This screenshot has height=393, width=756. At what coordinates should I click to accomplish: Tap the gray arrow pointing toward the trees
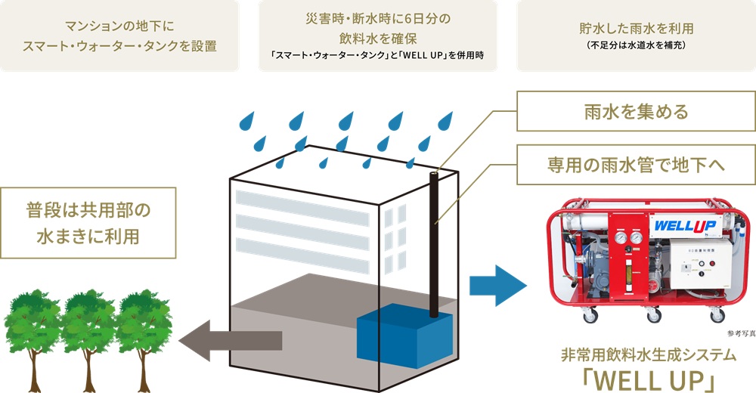(x=234, y=340)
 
